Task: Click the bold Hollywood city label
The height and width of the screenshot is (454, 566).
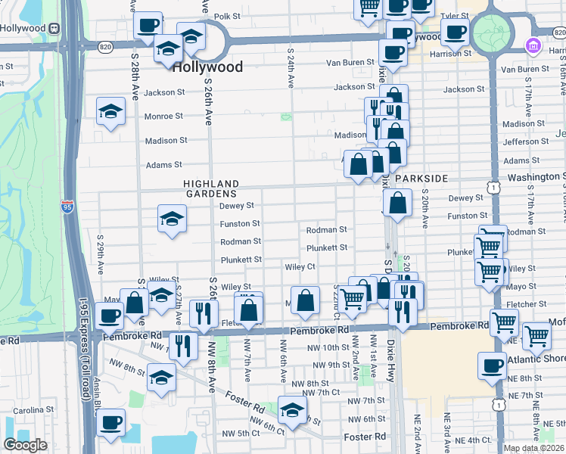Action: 207,67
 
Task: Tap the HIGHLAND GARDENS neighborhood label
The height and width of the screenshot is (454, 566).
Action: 211,189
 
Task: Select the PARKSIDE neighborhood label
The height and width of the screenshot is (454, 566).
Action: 421,178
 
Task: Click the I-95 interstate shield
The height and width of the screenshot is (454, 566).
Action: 68,207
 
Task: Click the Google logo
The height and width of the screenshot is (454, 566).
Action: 25,445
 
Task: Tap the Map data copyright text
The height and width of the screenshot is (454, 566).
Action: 533,448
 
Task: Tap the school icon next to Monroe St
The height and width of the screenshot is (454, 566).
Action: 110,111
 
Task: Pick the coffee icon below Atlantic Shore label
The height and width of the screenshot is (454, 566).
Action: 492,365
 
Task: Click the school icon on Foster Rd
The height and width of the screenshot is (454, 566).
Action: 291,409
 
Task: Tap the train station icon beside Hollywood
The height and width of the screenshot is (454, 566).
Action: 54,28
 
